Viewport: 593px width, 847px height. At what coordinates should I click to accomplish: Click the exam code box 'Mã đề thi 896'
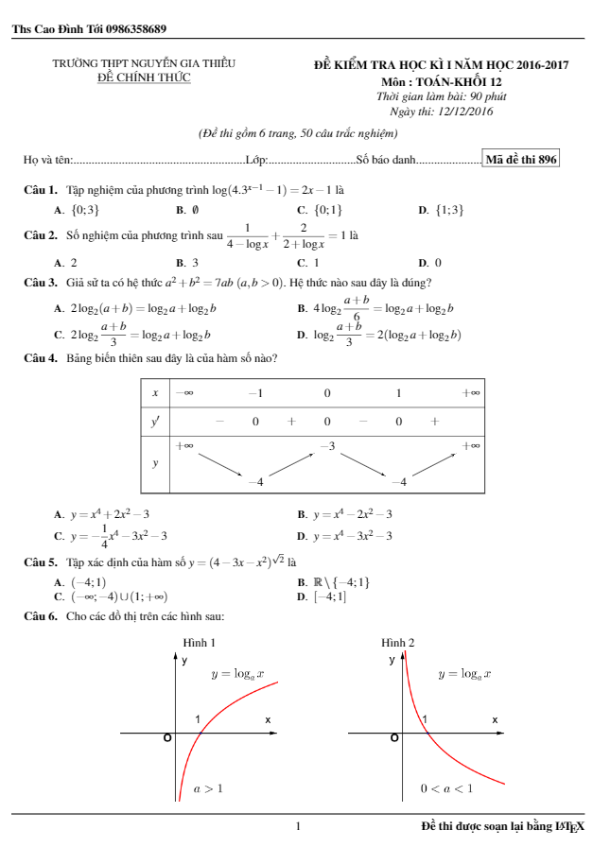pyautogui.click(x=521, y=160)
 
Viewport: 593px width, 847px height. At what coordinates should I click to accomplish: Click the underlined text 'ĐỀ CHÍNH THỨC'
pyautogui.click(x=144, y=78)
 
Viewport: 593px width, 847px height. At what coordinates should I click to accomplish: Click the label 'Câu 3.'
pyautogui.click(x=41, y=283)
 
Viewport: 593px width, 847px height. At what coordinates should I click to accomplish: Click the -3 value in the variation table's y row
pyautogui.click(x=327, y=444)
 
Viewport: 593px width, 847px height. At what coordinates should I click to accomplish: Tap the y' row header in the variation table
pyautogui.click(x=154, y=422)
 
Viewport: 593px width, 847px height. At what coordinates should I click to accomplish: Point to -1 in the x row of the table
pyautogui.click(x=255, y=392)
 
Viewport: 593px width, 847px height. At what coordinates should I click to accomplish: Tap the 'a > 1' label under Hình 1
pyautogui.click(x=208, y=787)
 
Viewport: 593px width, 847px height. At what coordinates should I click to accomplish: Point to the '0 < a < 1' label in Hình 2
pyautogui.click(x=446, y=787)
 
